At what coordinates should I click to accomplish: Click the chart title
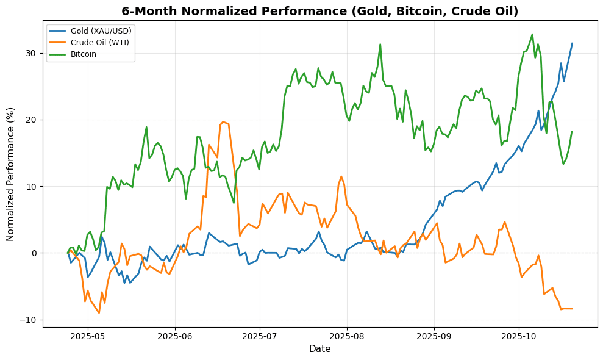click(x=319, y=11)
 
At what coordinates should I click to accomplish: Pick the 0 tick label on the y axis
click(x=34, y=253)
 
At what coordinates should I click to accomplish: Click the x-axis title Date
click(x=319, y=349)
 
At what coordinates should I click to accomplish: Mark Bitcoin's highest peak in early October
click(x=532, y=34)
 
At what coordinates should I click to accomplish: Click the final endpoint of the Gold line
click(x=572, y=43)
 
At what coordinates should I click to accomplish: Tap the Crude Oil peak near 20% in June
click(x=223, y=121)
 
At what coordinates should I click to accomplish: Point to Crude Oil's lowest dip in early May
click(x=99, y=313)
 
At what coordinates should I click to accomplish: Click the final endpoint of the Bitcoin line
click(x=572, y=131)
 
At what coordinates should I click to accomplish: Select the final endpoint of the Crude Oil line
click(x=572, y=309)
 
